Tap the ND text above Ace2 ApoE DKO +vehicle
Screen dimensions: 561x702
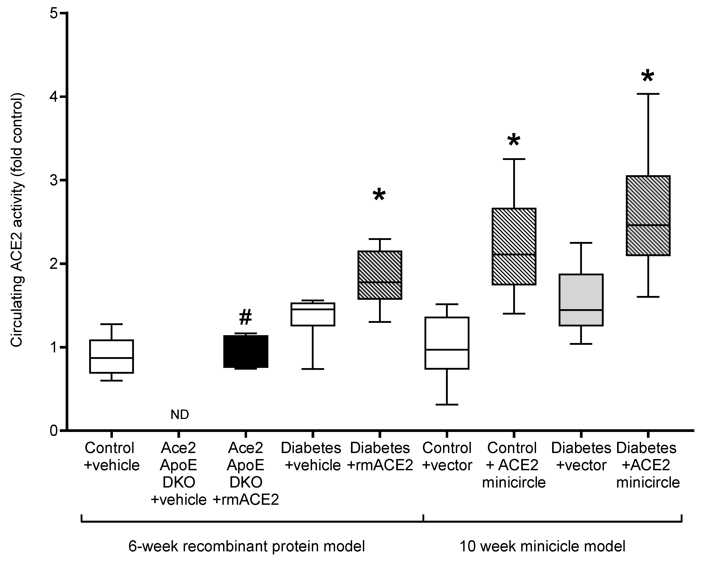[180, 414]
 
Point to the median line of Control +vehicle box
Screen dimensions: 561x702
[111, 358]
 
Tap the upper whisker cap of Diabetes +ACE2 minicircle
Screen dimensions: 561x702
[648, 94]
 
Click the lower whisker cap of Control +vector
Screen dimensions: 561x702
[447, 404]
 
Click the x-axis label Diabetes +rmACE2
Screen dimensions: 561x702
[380, 456]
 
